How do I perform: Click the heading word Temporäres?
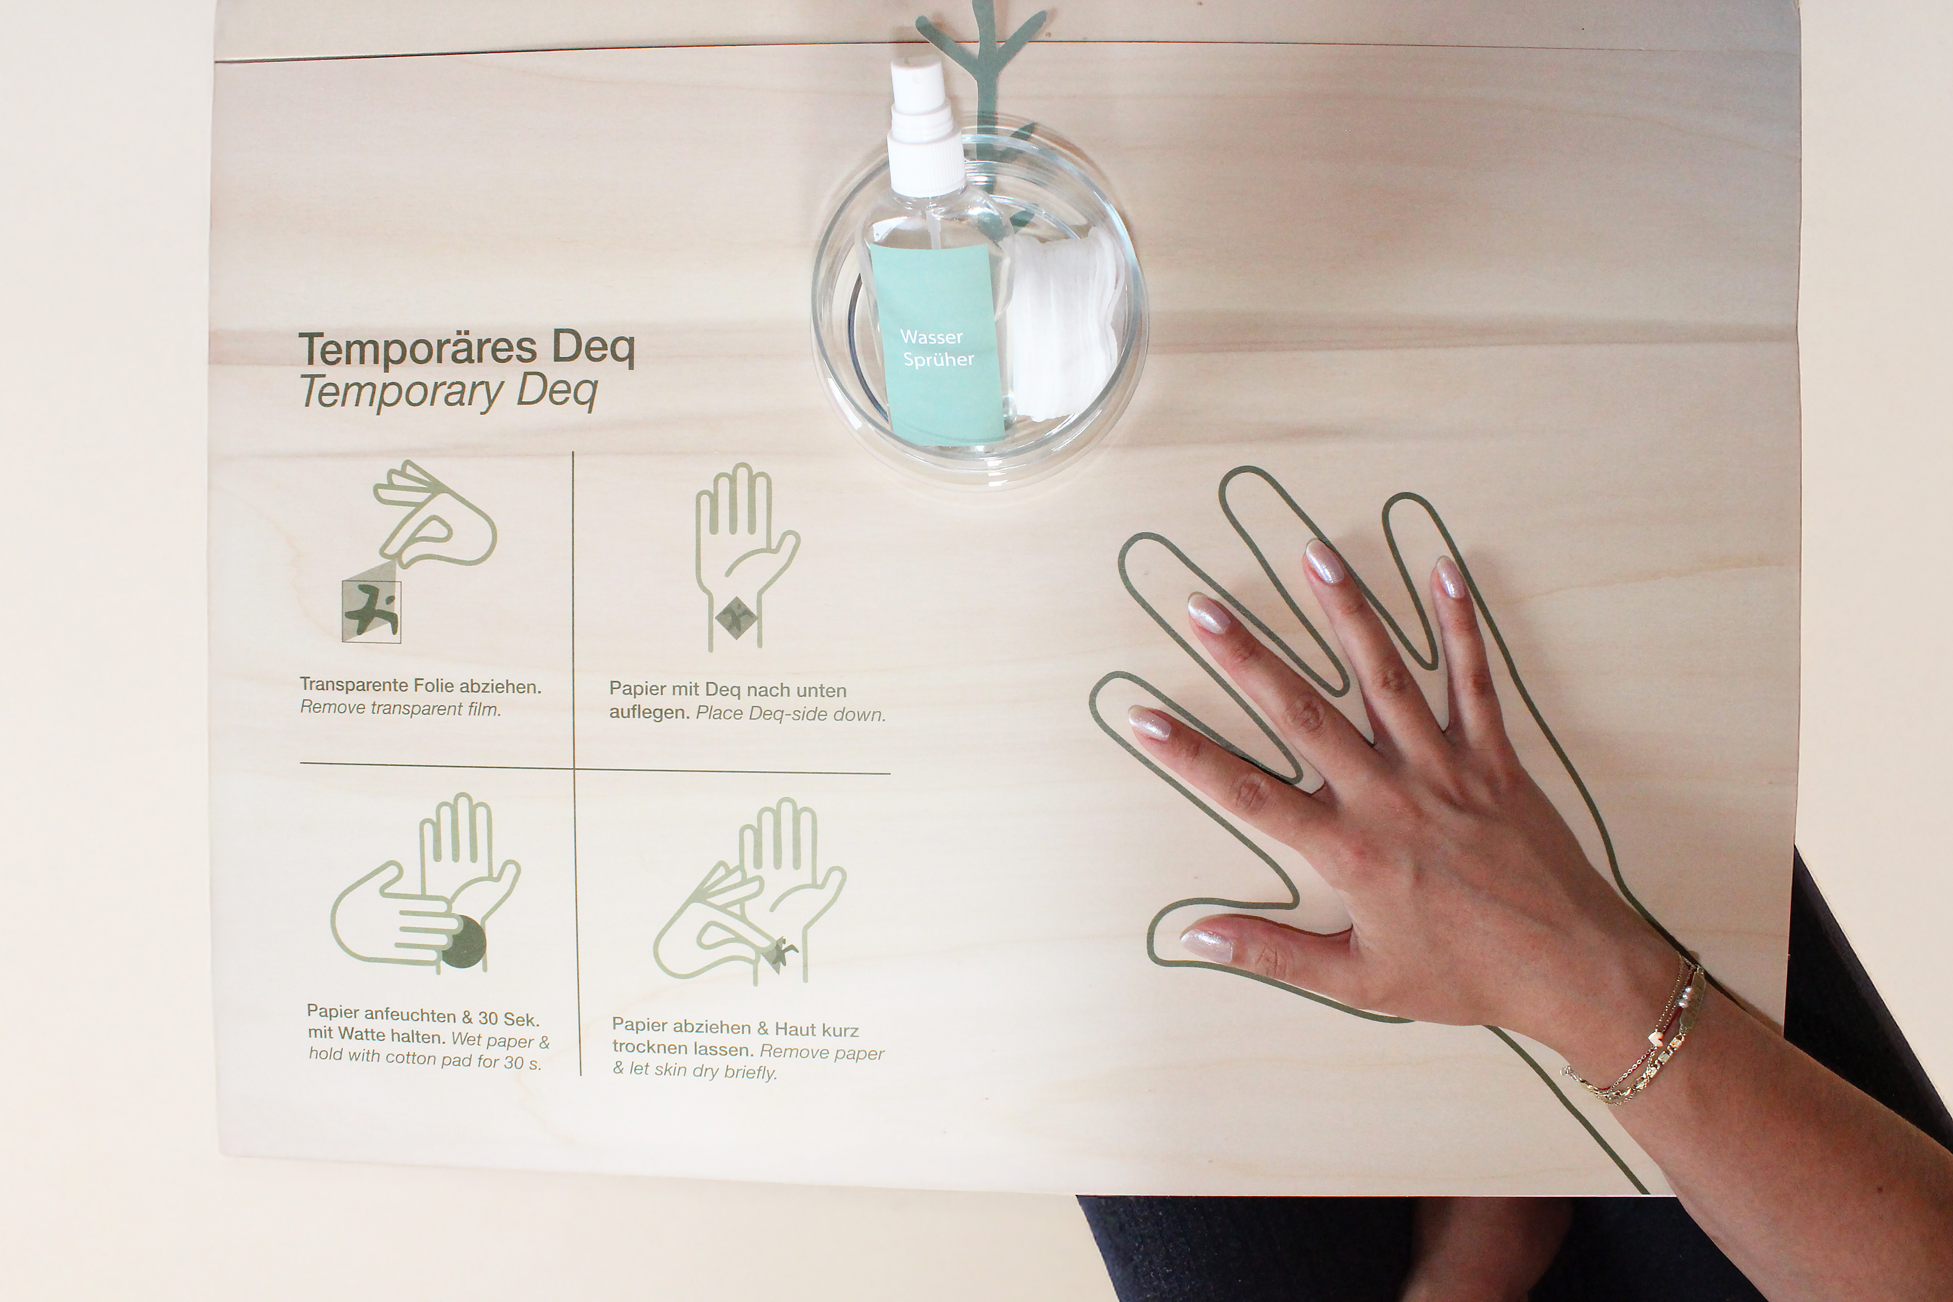pos(418,349)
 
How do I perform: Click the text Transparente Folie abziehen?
pos(420,686)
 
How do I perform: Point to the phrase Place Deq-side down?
pos(790,714)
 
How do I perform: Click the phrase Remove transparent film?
pos(400,708)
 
